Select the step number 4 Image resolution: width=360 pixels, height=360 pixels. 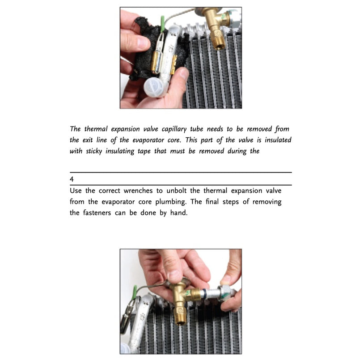(72, 179)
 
